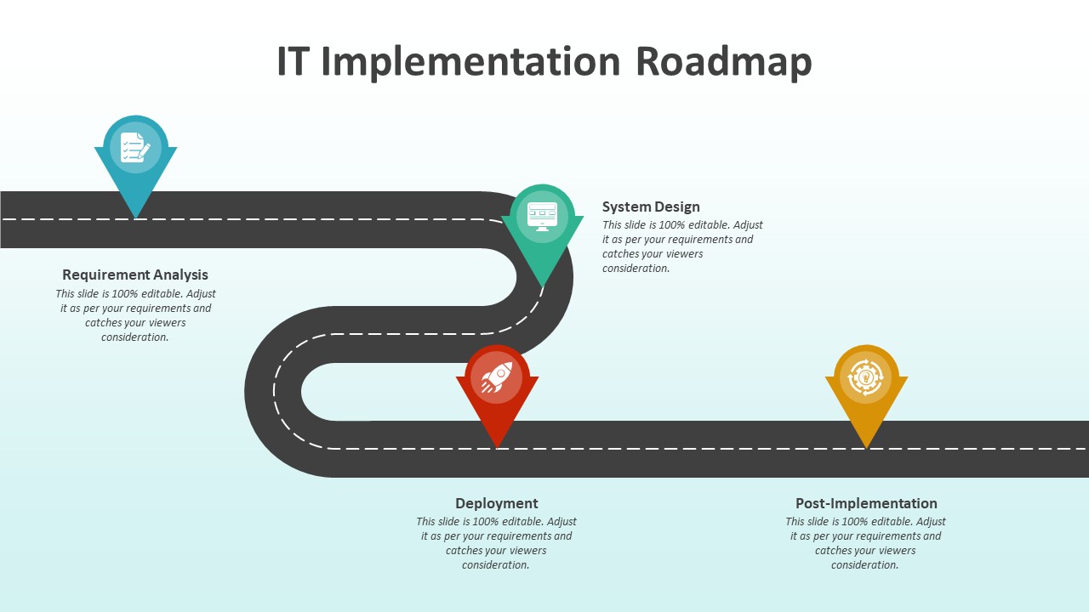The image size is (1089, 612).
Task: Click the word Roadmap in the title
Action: (x=723, y=62)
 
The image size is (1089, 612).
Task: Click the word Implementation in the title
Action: (x=471, y=62)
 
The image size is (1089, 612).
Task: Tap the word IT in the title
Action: (x=292, y=62)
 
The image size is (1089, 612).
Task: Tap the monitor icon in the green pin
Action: (x=542, y=216)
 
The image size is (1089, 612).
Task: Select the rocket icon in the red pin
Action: (x=497, y=377)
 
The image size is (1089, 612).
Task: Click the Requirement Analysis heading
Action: (x=135, y=275)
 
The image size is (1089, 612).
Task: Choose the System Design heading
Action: (x=651, y=207)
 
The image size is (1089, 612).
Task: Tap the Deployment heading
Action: (x=497, y=503)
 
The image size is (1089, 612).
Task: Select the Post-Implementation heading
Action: (x=866, y=503)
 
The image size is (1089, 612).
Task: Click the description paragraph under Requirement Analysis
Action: (x=135, y=315)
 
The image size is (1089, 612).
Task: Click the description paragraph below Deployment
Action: (x=497, y=543)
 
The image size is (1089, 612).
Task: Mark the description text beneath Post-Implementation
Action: (x=866, y=543)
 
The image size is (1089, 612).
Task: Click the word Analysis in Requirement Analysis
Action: (x=180, y=275)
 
